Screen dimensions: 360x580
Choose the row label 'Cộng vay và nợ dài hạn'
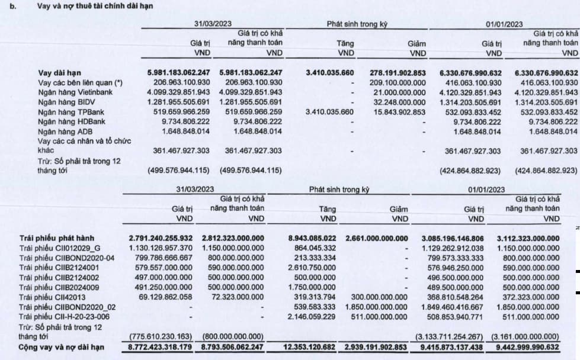coord(59,346)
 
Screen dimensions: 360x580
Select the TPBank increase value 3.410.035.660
coord(330,112)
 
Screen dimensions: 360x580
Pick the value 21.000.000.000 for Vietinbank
coord(398,92)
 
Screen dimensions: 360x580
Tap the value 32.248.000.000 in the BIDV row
coord(398,102)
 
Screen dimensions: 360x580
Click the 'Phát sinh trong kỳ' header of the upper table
coord(354,25)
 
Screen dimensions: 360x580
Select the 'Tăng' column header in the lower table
coord(328,209)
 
